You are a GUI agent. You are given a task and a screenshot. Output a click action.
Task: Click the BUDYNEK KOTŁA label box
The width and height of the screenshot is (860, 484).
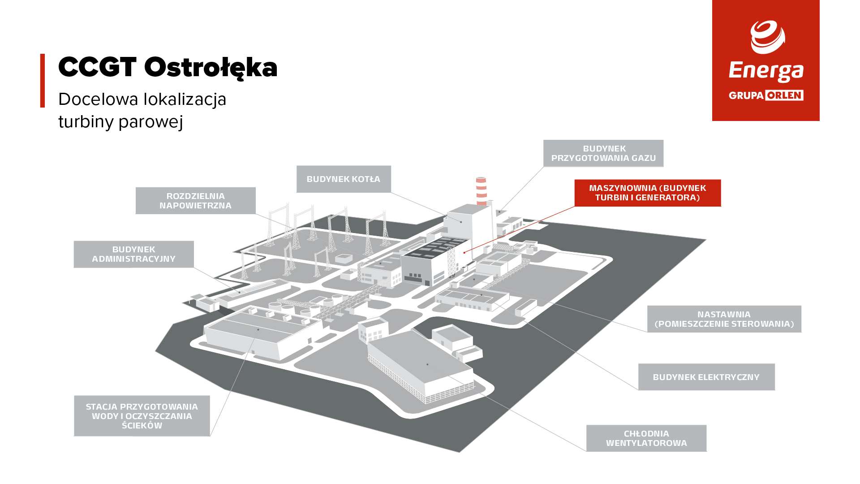tap(344, 179)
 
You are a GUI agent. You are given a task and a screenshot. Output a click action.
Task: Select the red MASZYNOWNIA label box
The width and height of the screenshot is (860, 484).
tap(648, 193)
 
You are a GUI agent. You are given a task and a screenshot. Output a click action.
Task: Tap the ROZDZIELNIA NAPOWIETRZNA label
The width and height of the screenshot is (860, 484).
tap(196, 201)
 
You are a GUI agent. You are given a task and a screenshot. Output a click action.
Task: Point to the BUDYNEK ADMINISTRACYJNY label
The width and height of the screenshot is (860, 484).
tap(134, 254)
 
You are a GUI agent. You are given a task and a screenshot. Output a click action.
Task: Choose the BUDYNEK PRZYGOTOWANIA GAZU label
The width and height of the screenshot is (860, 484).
tap(603, 153)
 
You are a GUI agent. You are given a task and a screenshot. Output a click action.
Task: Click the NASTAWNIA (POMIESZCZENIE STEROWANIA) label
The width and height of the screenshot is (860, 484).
tap(724, 319)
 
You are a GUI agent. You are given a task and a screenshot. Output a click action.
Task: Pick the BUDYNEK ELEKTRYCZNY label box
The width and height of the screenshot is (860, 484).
tap(706, 377)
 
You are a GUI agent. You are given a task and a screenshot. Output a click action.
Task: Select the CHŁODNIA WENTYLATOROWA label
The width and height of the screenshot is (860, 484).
tap(646, 438)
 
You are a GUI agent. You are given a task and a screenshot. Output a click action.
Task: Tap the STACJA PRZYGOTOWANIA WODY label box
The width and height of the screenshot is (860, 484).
tap(142, 416)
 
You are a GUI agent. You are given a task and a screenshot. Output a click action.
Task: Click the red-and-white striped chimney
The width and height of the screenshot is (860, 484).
tap(482, 191)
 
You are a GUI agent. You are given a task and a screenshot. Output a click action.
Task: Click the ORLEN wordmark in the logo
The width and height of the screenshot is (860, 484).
tap(784, 95)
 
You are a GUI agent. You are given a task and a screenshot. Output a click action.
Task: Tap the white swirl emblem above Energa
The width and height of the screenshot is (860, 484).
tap(768, 37)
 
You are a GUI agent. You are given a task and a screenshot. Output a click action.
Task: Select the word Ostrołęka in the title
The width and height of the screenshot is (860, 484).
tap(211, 68)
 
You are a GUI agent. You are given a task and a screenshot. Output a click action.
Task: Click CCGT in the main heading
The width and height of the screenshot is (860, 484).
tap(97, 67)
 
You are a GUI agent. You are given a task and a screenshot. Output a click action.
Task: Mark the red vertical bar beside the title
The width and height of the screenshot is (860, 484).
tap(43, 81)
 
